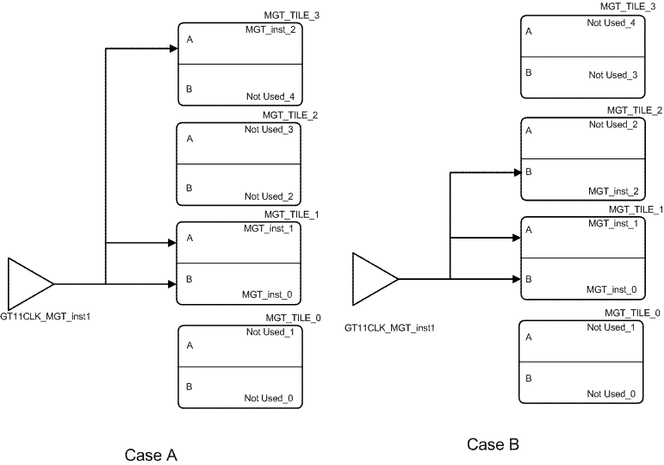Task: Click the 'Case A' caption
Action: coord(151,455)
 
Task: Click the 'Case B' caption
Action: coord(493,444)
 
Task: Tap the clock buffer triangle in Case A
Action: coord(28,282)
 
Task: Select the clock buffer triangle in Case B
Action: coord(372,278)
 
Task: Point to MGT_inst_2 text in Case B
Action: coord(612,190)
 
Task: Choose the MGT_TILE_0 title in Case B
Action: coord(633,313)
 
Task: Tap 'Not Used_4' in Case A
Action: coord(270,96)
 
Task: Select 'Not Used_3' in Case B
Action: coord(613,75)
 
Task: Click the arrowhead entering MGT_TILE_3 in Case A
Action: coord(172,48)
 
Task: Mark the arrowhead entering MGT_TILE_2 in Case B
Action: coord(516,172)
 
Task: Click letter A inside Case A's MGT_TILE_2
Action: coord(189,138)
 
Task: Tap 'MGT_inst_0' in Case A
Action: coord(267,294)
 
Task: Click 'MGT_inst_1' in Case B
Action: coord(612,224)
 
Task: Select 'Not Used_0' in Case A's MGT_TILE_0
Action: coord(269,398)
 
